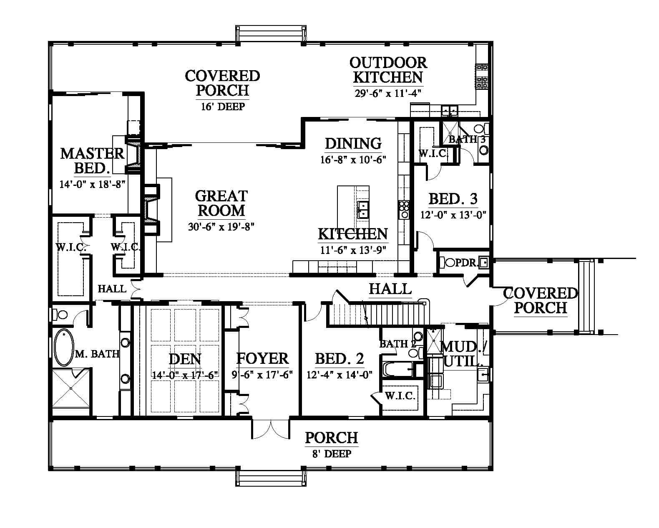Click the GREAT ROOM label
click(221, 203)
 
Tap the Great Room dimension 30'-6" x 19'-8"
click(221, 227)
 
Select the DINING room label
click(353, 144)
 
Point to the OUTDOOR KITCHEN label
click(388, 70)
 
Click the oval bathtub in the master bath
click(64, 348)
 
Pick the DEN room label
click(185, 359)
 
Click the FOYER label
click(262, 358)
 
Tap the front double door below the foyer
click(271, 429)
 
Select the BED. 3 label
click(453, 199)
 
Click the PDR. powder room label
click(466, 263)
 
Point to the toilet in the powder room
click(448, 262)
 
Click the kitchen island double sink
click(363, 209)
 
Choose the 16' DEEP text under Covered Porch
click(223, 107)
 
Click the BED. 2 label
click(339, 358)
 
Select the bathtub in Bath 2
click(398, 370)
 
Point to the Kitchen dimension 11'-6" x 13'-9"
click(353, 250)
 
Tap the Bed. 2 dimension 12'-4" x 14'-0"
click(339, 375)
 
